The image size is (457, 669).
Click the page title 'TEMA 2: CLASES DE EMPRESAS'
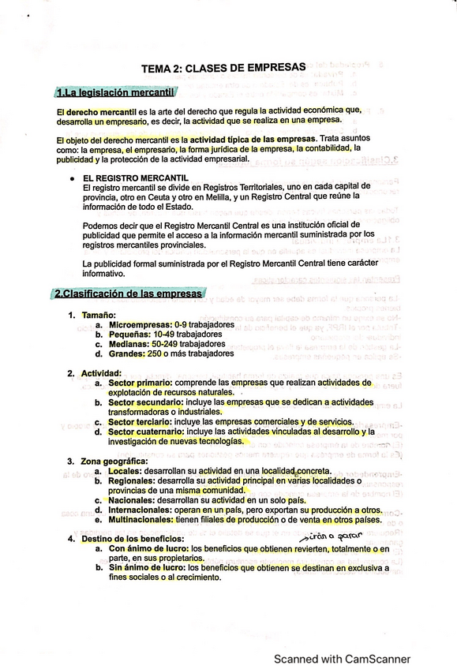(x=227, y=69)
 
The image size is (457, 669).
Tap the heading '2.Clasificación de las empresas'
(x=128, y=294)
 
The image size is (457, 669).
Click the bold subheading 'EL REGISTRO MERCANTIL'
(x=135, y=179)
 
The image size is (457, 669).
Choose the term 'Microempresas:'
(x=139, y=325)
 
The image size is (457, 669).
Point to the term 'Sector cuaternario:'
(x=148, y=432)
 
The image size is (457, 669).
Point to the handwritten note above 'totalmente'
(x=326, y=536)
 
